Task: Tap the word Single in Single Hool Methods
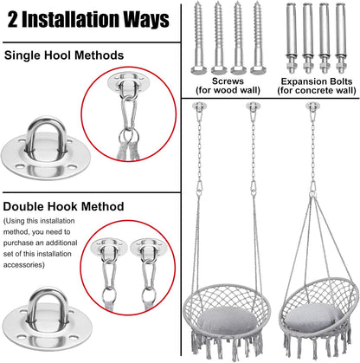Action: (x=26, y=56)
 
